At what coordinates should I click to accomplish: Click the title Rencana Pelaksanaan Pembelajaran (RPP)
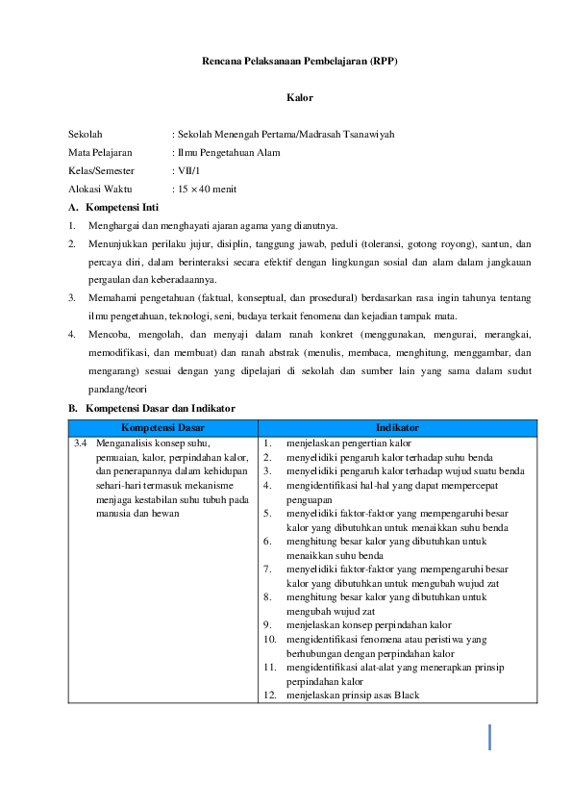(299, 61)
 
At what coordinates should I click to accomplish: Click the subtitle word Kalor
(299, 97)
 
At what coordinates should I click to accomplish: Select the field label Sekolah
(86, 135)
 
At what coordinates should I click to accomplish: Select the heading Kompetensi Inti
(121, 207)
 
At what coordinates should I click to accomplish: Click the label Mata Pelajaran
(100, 152)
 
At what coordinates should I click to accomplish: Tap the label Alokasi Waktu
(100, 189)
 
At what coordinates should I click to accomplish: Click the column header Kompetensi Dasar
(162, 424)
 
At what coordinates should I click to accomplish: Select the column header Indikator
(397, 424)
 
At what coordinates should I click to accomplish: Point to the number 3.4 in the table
(81, 444)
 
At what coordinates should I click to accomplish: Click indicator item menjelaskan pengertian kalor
(348, 444)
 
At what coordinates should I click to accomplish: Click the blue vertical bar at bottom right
(490, 737)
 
